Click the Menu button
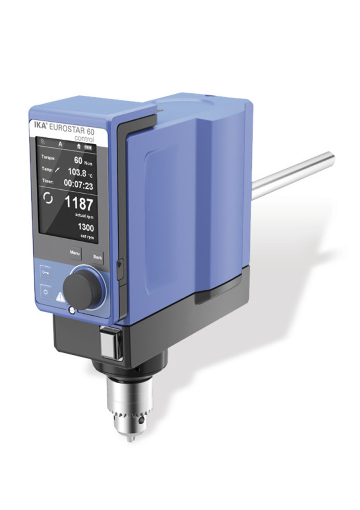[x=75, y=253]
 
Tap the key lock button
[x=44, y=272]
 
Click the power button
[x=45, y=292]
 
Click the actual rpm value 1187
[x=79, y=203]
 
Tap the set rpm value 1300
[x=86, y=227]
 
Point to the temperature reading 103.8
[x=77, y=172]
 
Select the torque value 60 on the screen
[x=78, y=160]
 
